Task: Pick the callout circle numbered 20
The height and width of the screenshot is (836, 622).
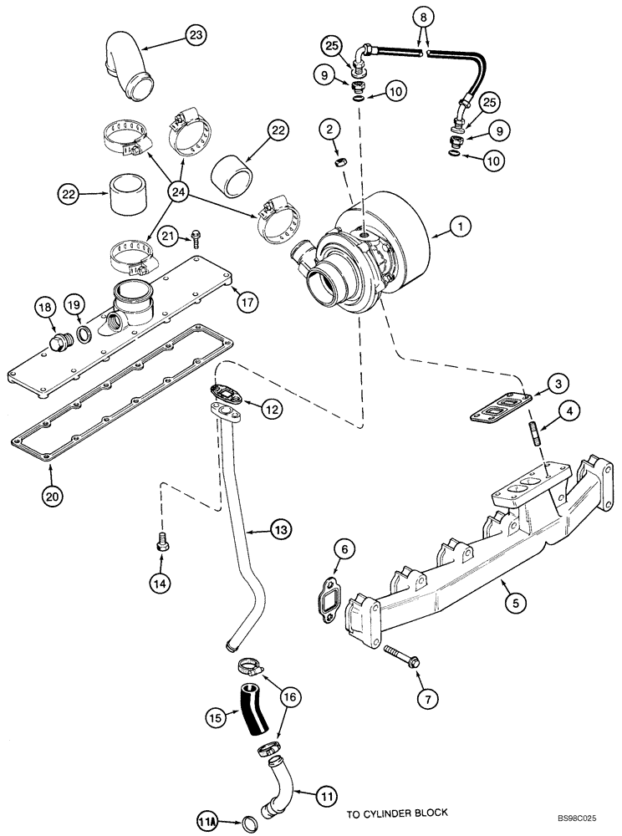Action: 54,495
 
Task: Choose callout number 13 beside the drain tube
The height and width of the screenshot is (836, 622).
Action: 280,530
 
